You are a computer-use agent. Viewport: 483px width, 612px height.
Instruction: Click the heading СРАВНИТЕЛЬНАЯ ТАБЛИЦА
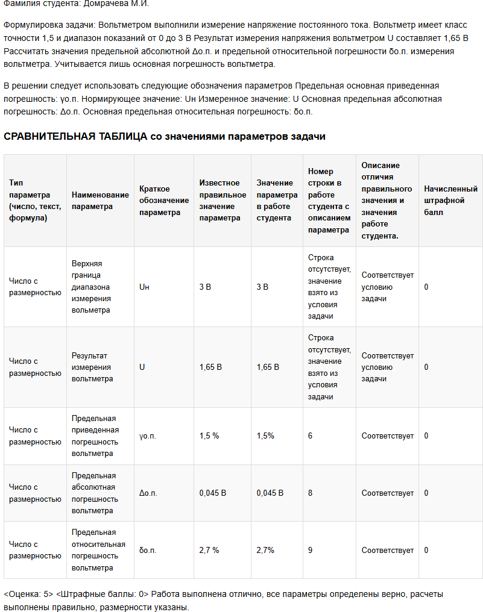[x=75, y=137]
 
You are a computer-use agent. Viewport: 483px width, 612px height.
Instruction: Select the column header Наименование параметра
[x=100, y=201]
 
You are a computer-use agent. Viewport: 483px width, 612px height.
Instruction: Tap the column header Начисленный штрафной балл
[x=450, y=201]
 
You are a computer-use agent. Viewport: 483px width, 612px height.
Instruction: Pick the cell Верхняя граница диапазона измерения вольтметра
[x=91, y=287]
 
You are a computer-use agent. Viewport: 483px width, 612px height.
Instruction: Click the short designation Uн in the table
[x=144, y=287]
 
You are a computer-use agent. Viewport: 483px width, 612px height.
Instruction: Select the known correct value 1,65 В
[x=210, y=367]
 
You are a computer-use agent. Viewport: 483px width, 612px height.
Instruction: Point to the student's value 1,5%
[x=265, y=436]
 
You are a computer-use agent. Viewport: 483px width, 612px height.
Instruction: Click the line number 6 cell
[x=310, y=436]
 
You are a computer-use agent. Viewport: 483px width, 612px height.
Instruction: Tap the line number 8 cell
[x=310, y=493]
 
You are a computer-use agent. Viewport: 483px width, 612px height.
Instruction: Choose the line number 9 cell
[x=310, y=550]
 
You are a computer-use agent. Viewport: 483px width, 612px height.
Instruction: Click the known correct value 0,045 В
[x=213, y=493]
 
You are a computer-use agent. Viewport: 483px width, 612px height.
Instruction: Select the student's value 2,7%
[x=265, y=550]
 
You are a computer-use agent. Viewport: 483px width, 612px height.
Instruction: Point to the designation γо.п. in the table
[x=148, y=436]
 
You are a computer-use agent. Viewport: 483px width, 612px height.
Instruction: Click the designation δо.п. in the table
[x=148, y=550]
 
